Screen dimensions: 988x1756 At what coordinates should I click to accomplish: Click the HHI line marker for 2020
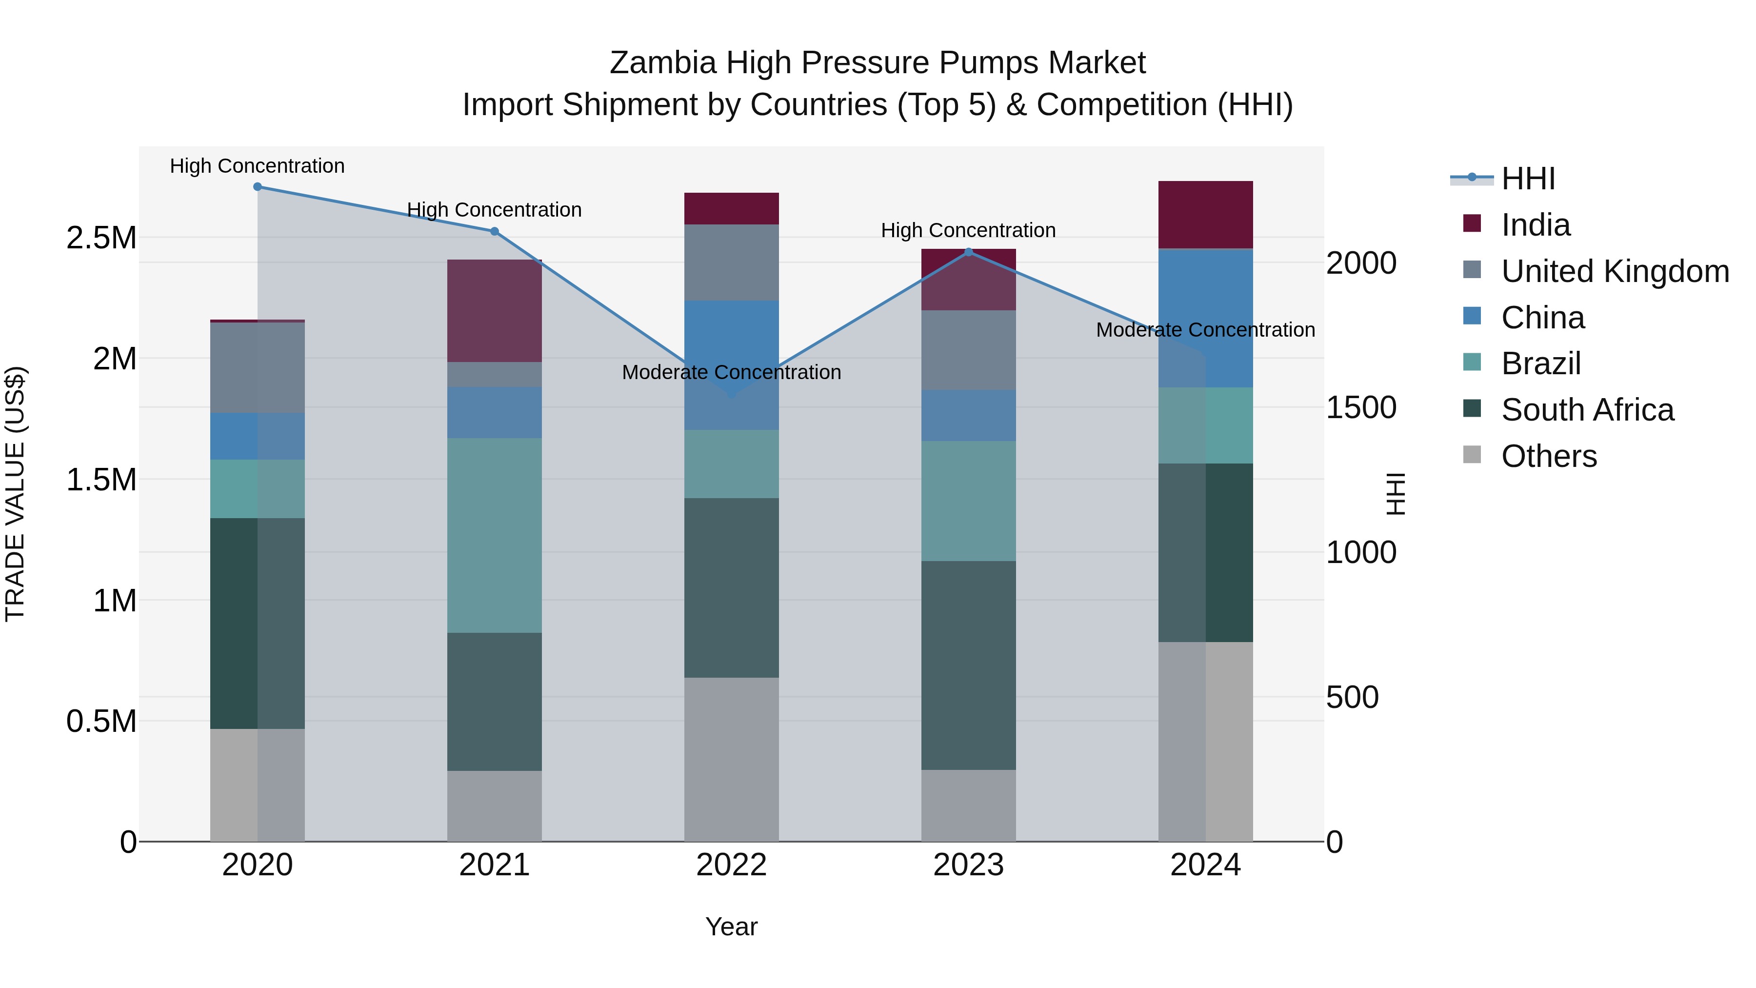(x=257, y=187)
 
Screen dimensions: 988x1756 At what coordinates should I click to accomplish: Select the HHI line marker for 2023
(x=969, y=252)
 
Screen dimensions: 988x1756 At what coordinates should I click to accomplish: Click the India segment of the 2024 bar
(x=1205, y=215)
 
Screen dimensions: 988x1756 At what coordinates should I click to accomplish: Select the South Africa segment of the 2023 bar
(x=969, y=665)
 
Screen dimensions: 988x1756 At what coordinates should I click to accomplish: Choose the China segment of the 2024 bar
(x=1205, y=319)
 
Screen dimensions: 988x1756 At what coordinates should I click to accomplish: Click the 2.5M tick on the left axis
(x=101, y=238)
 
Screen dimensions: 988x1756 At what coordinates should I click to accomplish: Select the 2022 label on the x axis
(x=732, y=865)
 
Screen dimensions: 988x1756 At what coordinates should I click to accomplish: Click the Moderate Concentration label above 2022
(x=732, y=372)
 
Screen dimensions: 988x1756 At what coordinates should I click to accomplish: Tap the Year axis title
(x=732, y=927)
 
